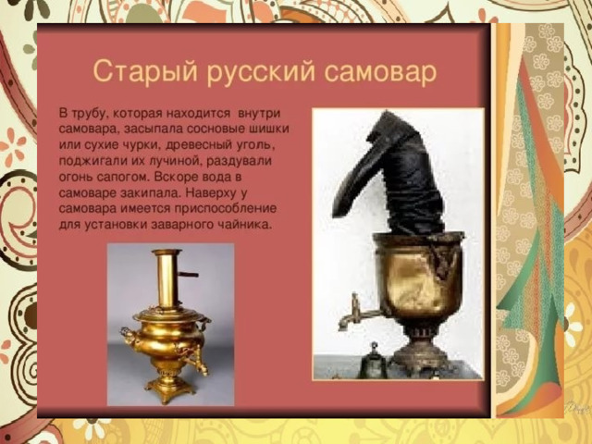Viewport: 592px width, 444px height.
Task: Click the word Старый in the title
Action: (x=145, y=71)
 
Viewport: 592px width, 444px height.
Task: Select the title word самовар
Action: (x=380, y=71)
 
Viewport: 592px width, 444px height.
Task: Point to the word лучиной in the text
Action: (x=170, y=161)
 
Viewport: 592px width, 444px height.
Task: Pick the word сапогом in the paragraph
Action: (x=124, y=177)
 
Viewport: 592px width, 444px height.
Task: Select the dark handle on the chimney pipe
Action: (x=189, y=275)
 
